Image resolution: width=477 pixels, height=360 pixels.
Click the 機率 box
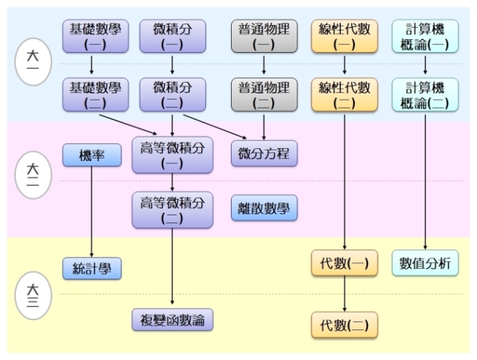click(92, 155)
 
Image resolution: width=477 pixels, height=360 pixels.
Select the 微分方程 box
click(264, 153)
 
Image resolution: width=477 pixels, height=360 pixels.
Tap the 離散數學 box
click(264, 209)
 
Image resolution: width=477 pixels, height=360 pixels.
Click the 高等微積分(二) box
click(173, 210)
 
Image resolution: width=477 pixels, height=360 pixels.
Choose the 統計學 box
click(92, 268)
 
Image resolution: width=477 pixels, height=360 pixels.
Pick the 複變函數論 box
click(173, 320)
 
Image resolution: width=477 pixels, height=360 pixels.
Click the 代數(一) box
click(344, 264)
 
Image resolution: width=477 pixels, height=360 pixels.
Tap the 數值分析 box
click(426, 264)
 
